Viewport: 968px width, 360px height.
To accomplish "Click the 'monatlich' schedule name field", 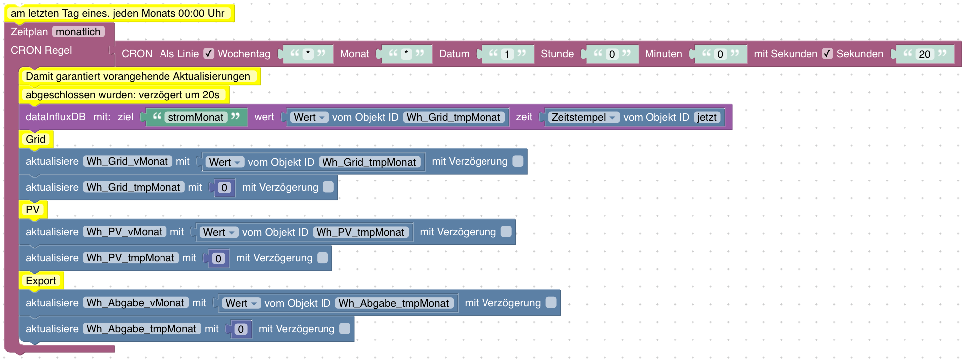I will [78, 32].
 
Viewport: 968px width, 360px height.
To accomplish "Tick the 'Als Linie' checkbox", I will [209, 54].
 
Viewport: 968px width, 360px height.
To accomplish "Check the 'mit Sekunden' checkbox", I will [827, 54].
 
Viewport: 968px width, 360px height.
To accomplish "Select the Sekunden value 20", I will [924, 54].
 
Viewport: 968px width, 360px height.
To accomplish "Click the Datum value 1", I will [507, 54].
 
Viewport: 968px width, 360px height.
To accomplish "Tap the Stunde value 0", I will [612, 54].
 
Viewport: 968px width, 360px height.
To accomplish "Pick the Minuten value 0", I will [720, 54].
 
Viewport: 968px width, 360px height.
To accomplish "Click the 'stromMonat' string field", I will [196, 117].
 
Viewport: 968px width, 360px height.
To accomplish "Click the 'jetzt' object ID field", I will [707, 117].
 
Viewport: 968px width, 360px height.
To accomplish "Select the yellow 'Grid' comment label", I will [36, 139].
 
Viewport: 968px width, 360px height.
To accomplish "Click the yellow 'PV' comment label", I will [33, 210].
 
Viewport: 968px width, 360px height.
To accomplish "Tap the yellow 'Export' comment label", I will [41, 281].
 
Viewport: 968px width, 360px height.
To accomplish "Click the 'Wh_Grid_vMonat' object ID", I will [127, 161].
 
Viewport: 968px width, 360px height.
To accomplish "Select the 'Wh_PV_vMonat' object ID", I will [124, 232].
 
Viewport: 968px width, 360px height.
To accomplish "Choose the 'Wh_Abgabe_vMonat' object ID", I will [136, 303].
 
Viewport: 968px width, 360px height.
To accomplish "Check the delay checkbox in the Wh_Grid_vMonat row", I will [518, 161].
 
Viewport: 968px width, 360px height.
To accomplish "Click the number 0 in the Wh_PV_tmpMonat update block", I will [218, 258].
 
